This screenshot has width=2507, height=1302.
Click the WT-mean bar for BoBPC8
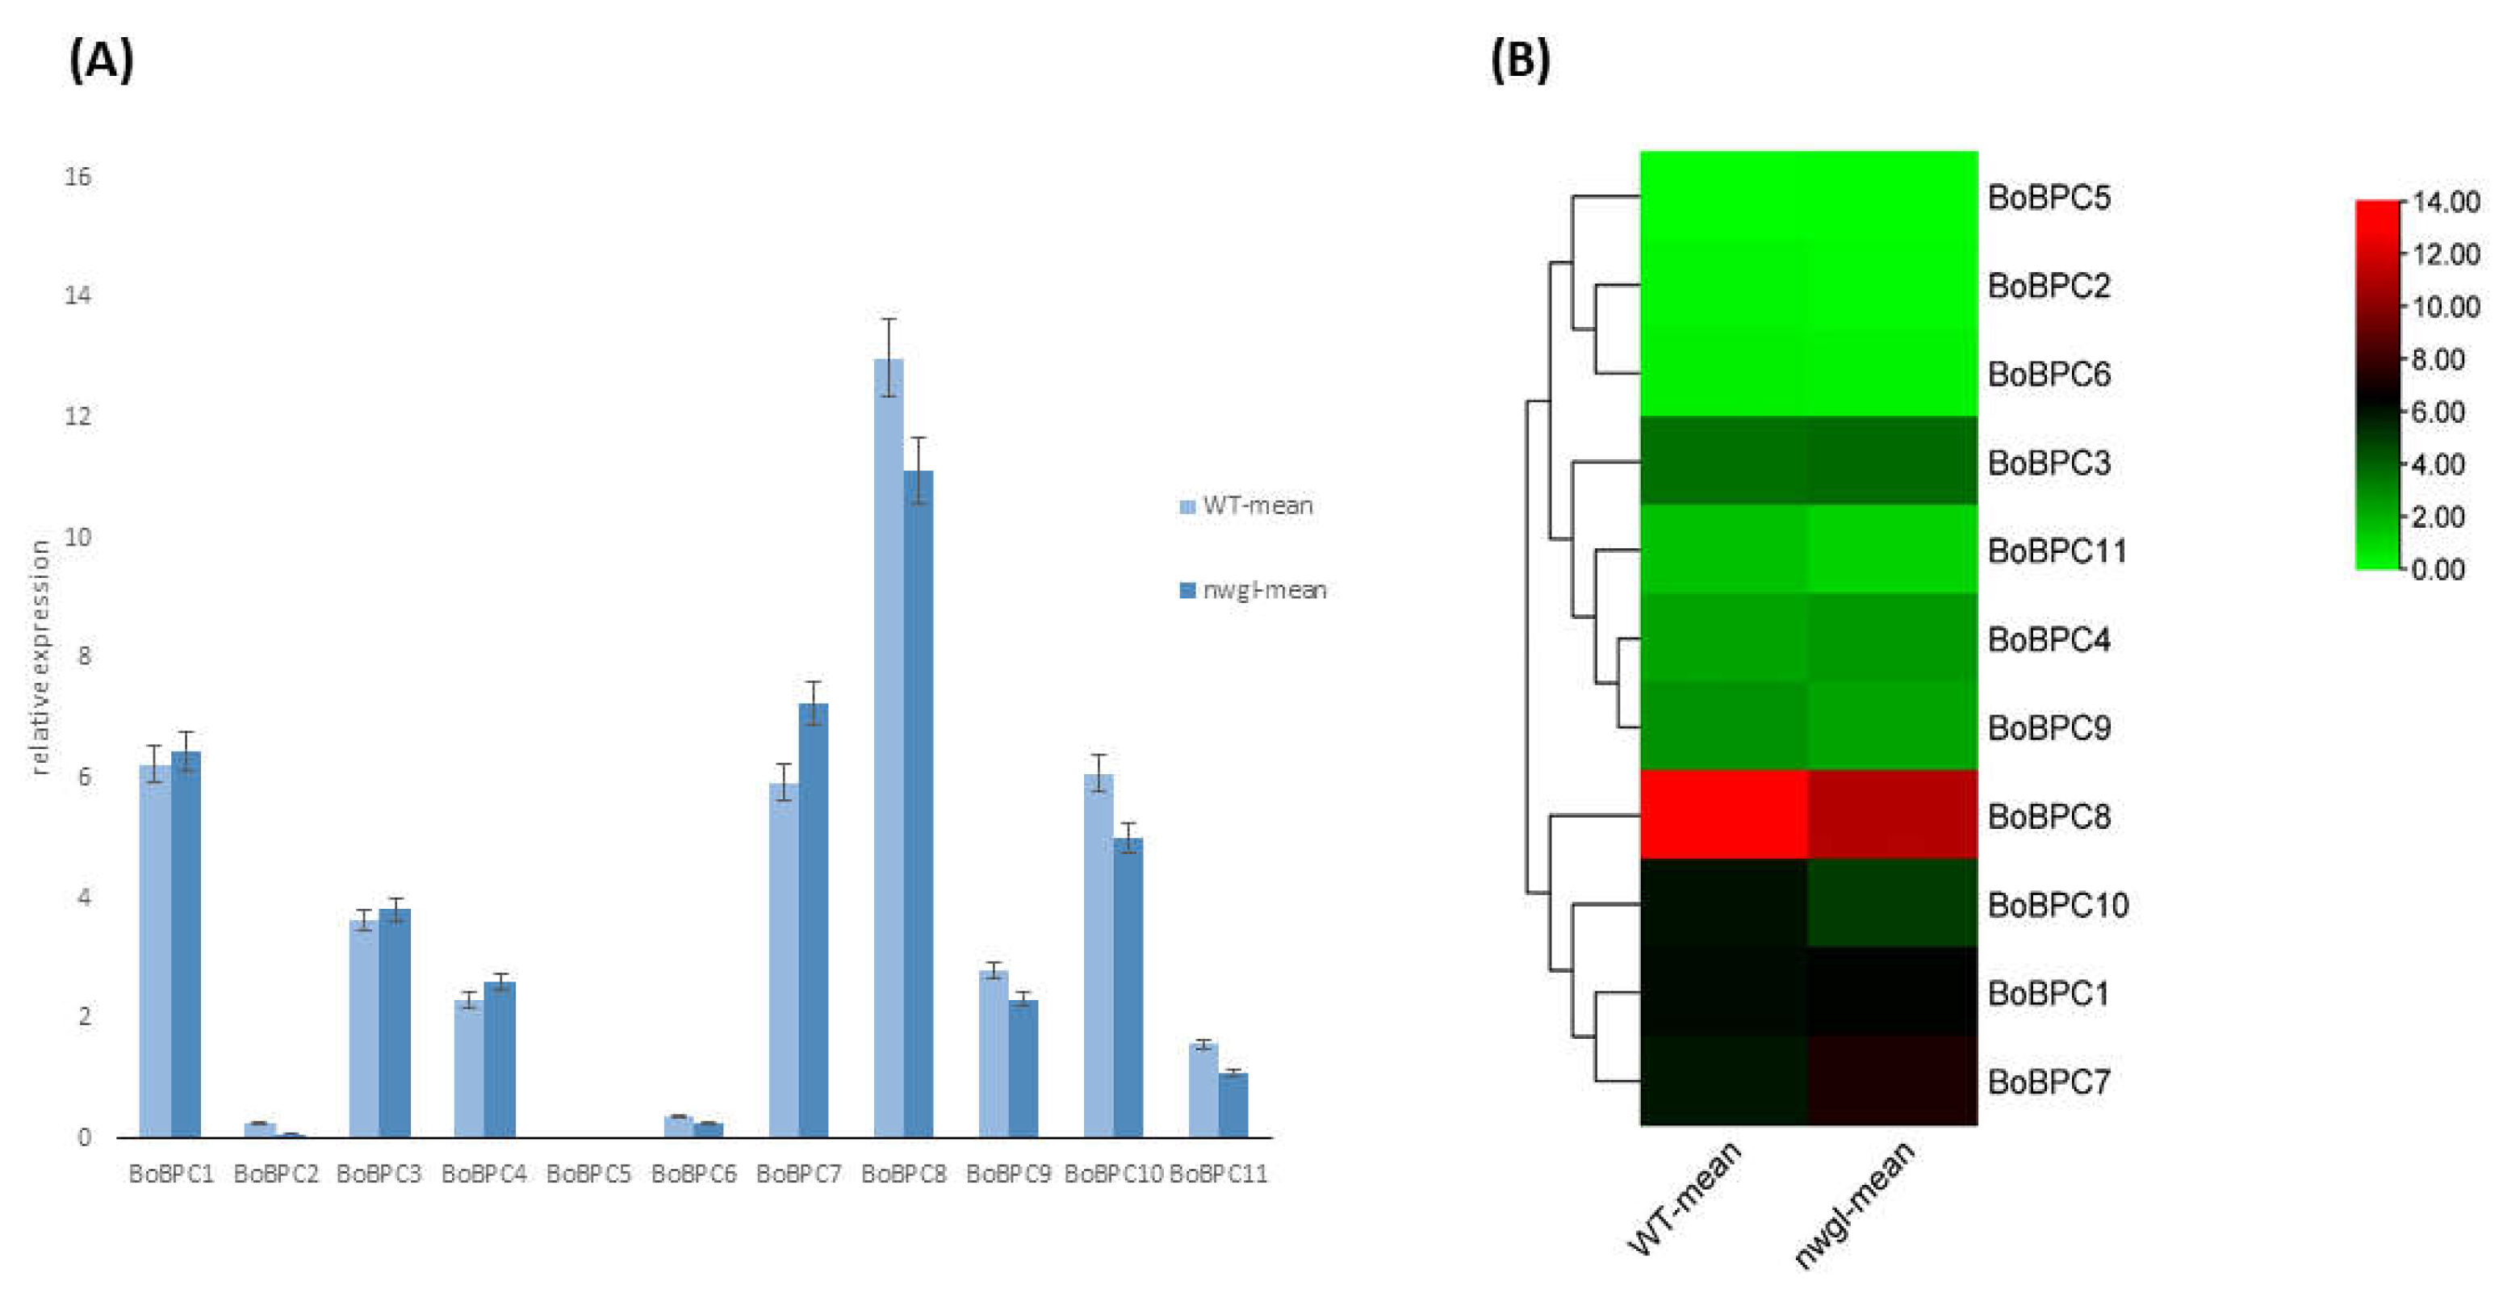(x=888, y=749)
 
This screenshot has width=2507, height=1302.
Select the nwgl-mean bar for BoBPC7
(x=814, y=919)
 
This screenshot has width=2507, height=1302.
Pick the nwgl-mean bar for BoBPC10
(x=1128, y=988)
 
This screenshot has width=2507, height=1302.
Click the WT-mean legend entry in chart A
(x=1248, y=506)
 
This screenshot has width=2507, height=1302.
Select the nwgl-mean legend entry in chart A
(x=1253, y=590)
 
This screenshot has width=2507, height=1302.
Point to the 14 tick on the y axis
(x=77, y=295)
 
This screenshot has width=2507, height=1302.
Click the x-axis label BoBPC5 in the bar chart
(x=588, y=1174)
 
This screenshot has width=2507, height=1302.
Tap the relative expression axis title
(x=39, y=658)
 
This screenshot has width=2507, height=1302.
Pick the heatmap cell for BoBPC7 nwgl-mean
(x=1893, y=1081)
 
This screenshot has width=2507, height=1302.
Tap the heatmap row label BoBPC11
(x=2057, y=551)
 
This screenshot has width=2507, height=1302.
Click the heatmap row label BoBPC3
(x=2049, y=463)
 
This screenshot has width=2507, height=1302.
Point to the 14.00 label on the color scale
(x=2446, y=203)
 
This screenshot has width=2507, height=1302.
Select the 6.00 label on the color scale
(x=2438, y=412)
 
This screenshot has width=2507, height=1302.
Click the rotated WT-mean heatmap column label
(x=1685, y=1199)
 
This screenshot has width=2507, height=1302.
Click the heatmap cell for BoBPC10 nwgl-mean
(x=1893, y=904)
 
